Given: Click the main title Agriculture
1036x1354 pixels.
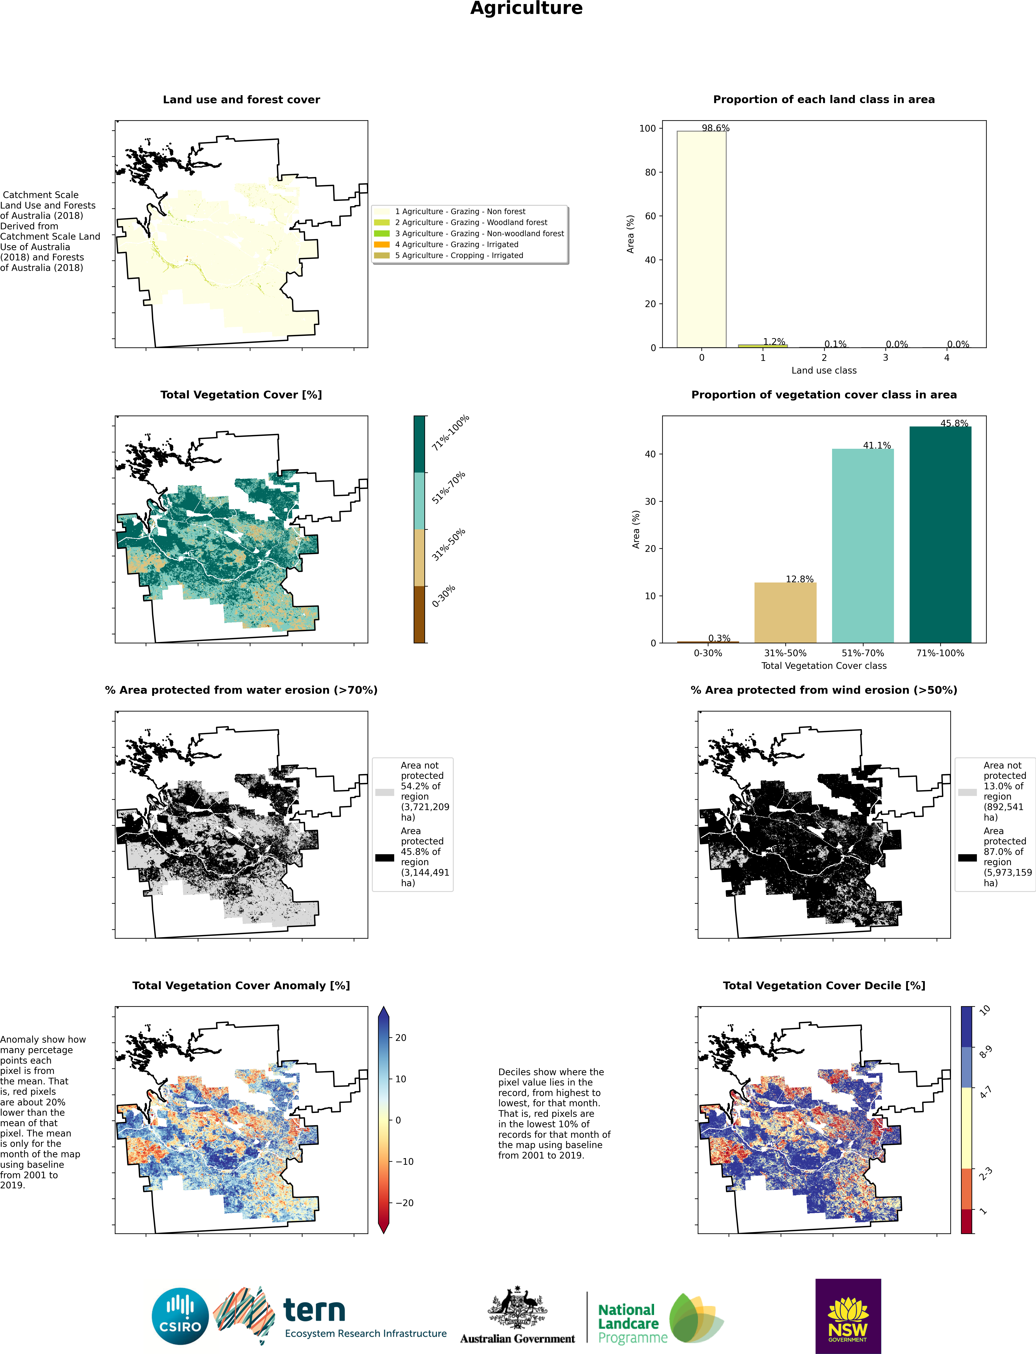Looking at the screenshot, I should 526,9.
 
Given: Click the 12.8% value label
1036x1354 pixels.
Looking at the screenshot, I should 799,579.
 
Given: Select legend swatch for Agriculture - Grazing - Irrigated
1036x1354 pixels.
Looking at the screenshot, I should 382,244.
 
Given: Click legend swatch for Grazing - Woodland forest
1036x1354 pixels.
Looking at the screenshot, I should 382,222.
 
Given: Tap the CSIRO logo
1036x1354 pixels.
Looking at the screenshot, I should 180,1316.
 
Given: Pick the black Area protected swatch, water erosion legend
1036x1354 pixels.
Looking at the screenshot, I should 384,857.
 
